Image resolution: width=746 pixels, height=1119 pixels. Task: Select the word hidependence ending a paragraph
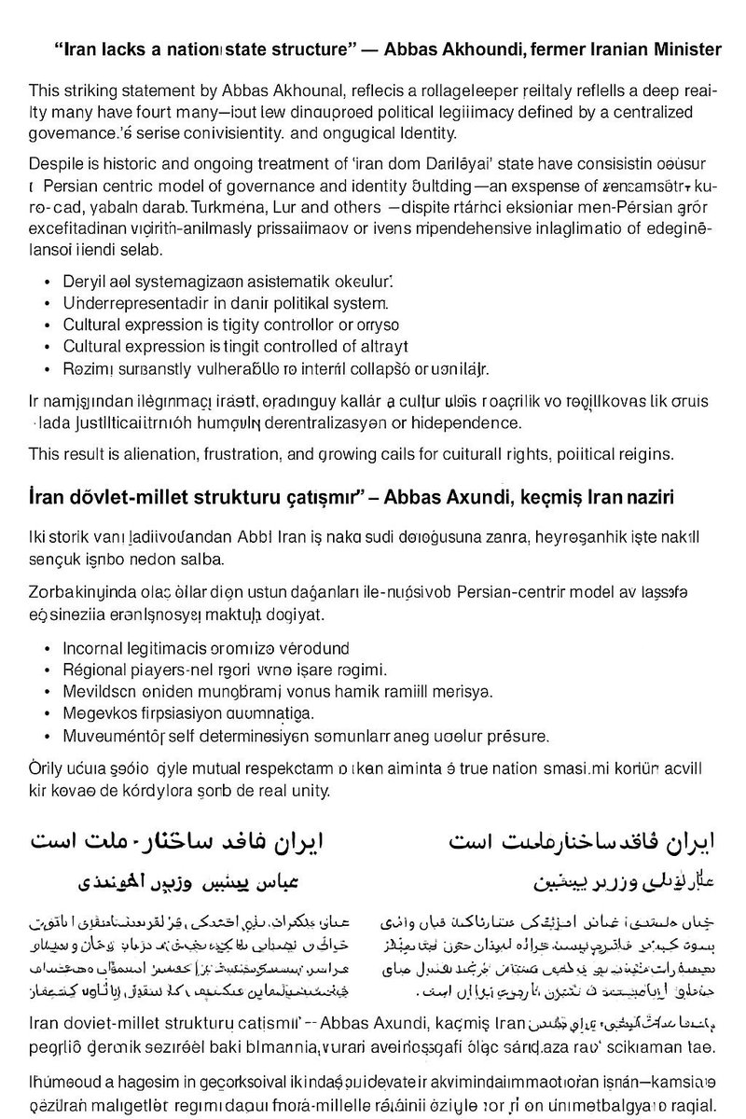[x=489, y=423]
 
